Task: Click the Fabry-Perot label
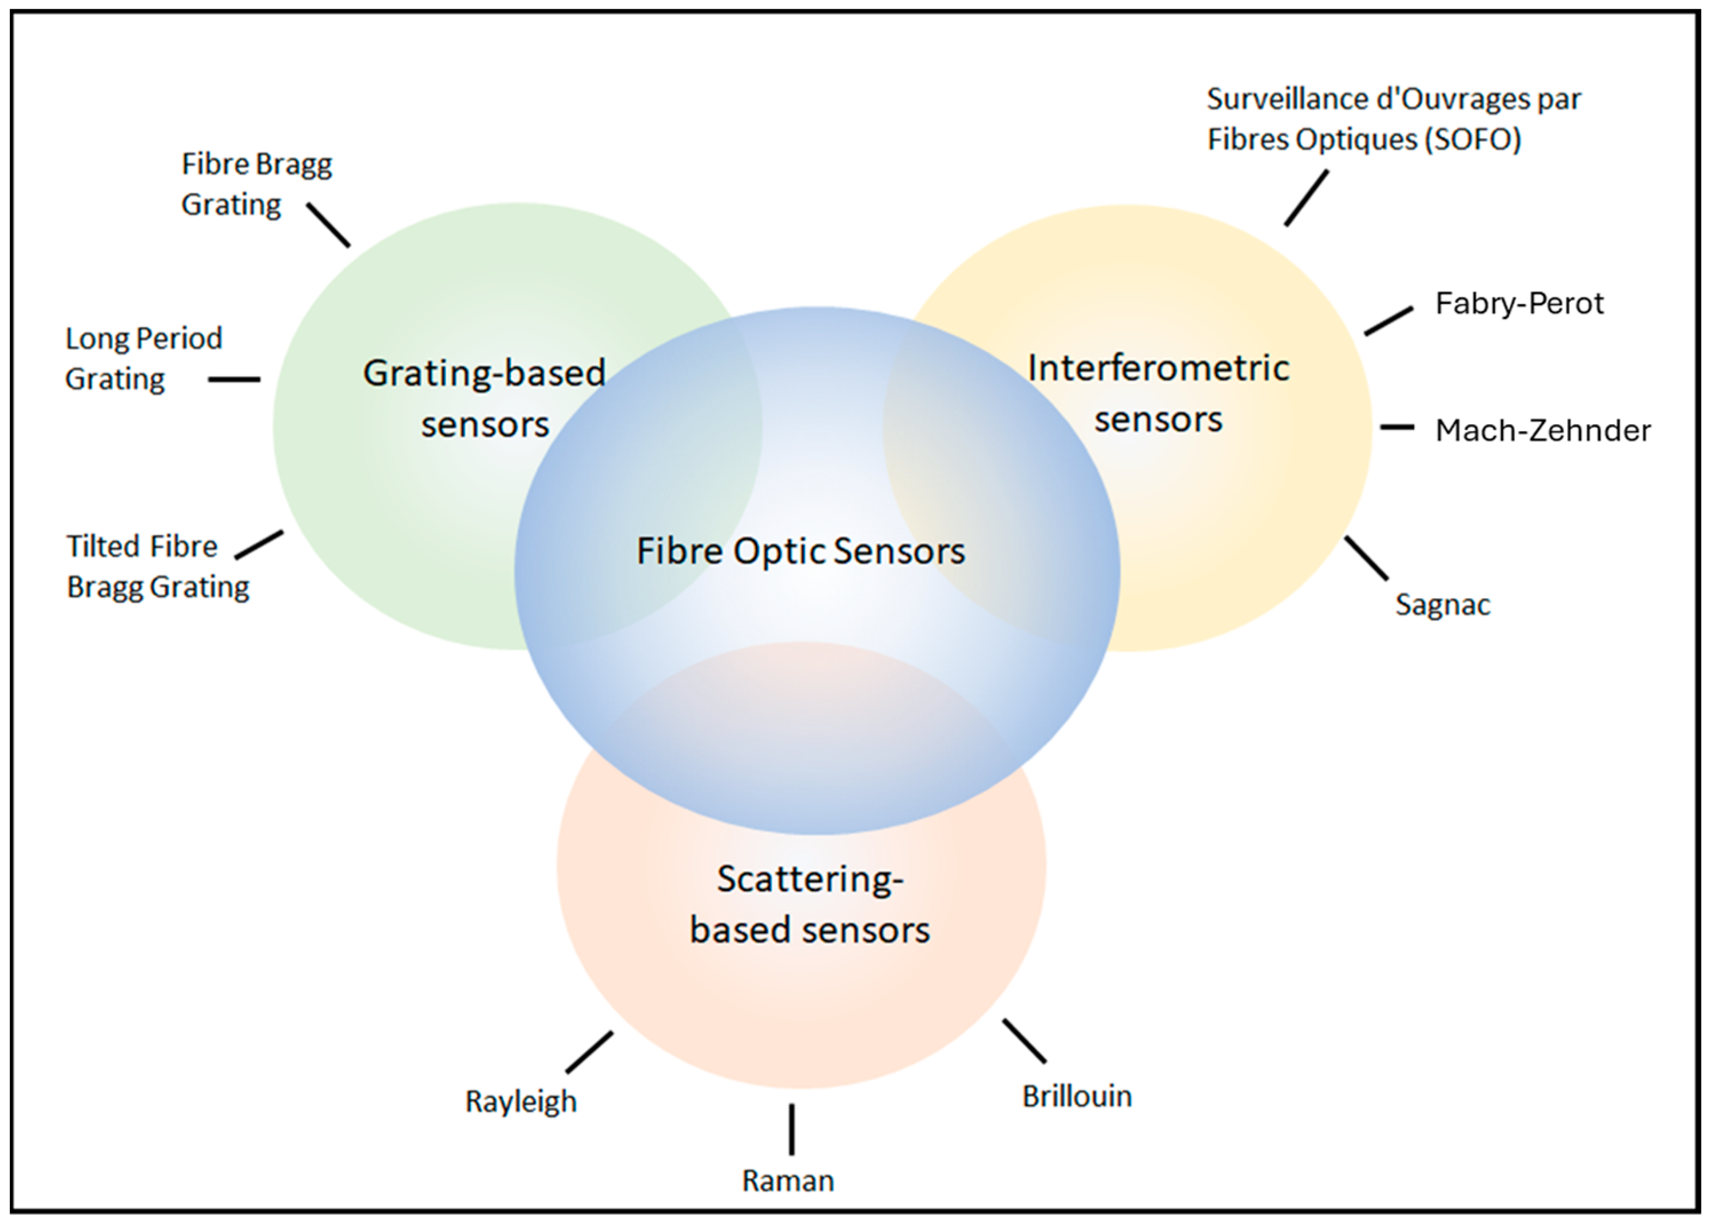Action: click(x=1518, y=303)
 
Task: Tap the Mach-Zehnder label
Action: click(x=1542, y=431)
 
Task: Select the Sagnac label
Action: click(x=1442, y=604)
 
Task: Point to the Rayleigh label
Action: click(x=521, y=1101)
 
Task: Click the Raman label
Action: click(x=788, y=1180)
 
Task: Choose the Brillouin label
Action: click(x=1077, y=1096)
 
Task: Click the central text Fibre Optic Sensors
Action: click(x=800, y=551)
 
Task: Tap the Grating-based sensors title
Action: click(x=485, y=398)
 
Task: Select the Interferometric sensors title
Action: click(x=1158, y=393)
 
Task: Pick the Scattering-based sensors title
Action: click(x=810, y=904)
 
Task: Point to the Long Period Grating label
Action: click(x=144, y=359)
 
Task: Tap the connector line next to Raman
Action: click(x=791, y=1129)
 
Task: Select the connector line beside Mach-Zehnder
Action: click(x=1397, y=427)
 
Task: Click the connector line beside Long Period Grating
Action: click(x=234, y=379)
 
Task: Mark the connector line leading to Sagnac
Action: click(x=1366, y=558)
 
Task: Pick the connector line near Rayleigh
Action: click(x=589, y=1052)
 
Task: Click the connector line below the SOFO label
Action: click(x=1306, y=198)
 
